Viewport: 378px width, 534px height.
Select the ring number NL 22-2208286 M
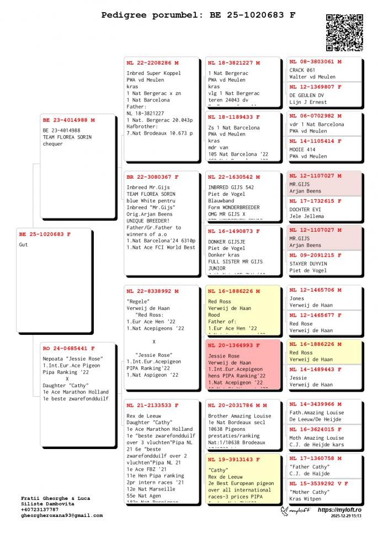[x=152, y=63]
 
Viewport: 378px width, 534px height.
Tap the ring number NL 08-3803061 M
[x=315, y=62]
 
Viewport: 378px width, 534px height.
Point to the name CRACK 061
[x=302, y=70]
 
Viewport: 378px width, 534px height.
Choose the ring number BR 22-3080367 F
[x=152, y=177]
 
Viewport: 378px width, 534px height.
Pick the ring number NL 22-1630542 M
[x=233, y=177]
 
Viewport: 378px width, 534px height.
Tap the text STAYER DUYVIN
[x=308, y=264]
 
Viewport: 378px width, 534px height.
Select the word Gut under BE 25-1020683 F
[x=24, y=244]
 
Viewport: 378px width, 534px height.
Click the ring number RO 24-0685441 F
[x=68, y=349]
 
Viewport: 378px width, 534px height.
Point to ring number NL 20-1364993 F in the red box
[x=233, y=345]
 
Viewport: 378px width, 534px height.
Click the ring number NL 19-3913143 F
[x=233, y=459]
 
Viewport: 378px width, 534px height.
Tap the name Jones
[x=297, y=298]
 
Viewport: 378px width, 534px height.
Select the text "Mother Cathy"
[x=309, y=492]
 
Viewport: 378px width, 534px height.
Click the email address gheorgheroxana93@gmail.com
[x=62, y=515]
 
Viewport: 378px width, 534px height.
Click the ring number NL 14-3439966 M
[x=315, y=404]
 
